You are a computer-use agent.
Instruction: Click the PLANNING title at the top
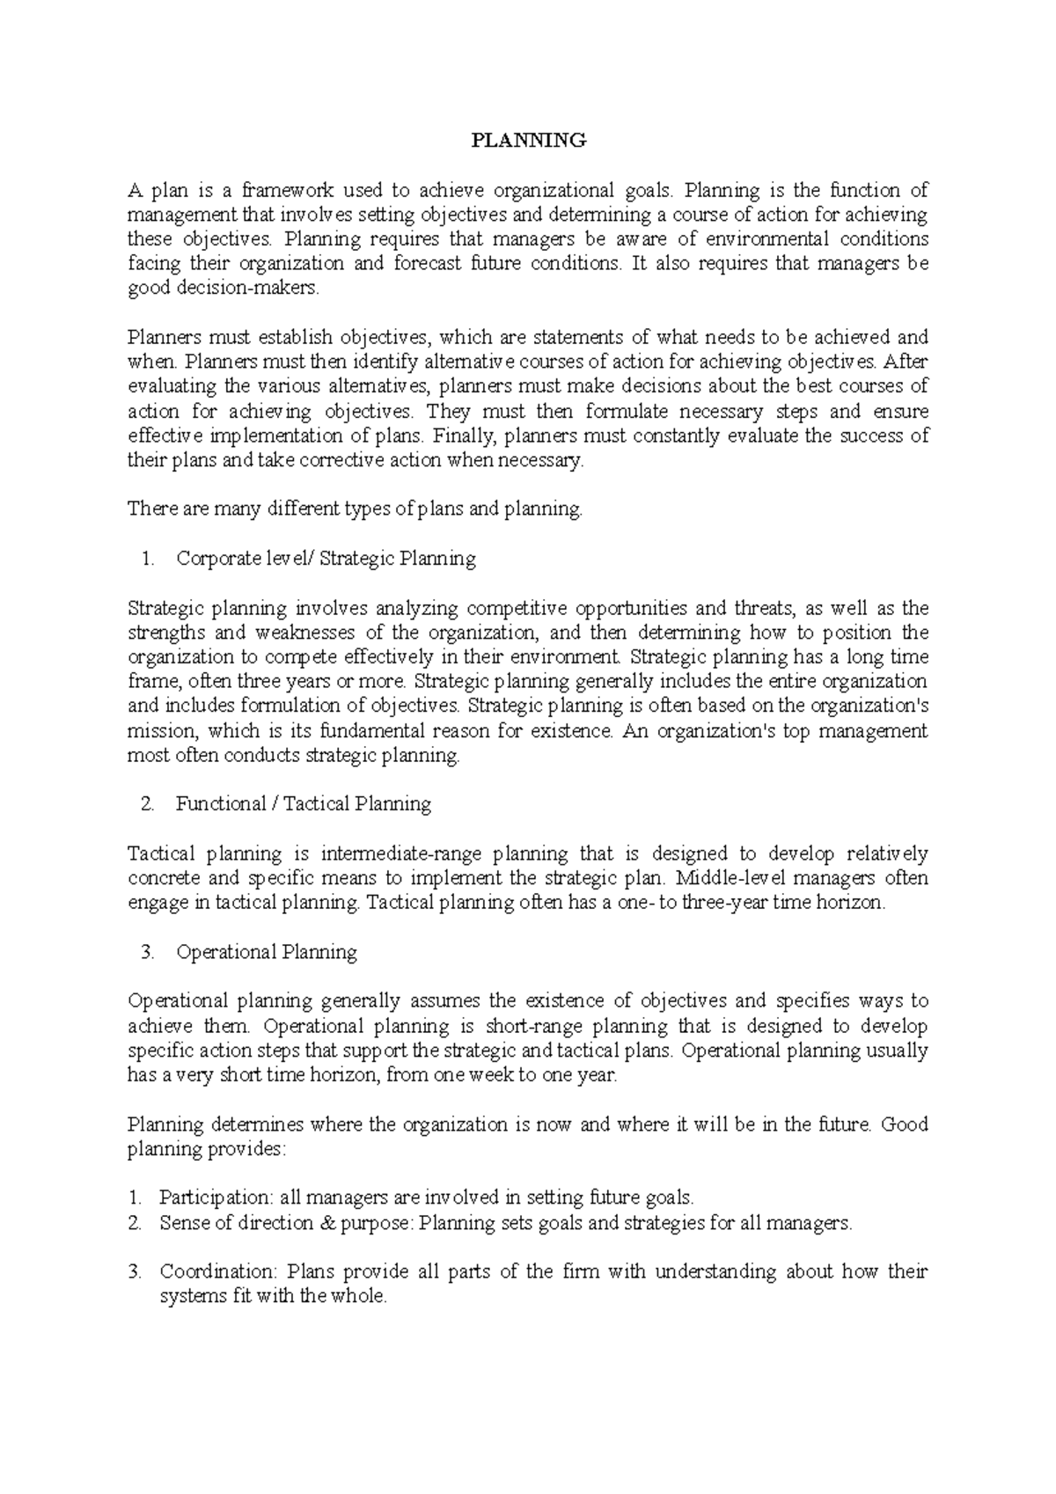[x=528, y=140]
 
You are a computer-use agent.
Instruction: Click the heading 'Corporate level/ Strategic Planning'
[x=326, y=558]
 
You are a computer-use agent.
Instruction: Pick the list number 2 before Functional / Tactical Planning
[x=147, y=803]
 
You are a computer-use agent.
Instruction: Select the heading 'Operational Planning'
[x=266, y=951]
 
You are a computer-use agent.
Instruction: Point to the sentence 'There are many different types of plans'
[x=354, y=509]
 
